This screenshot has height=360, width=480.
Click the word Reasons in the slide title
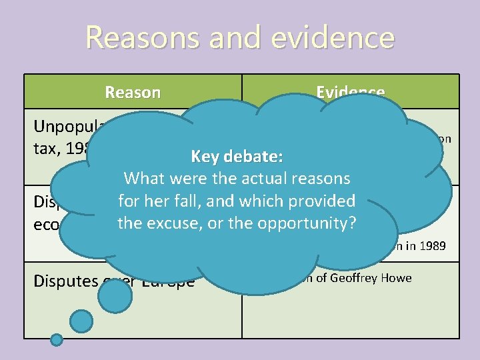(x=143, y=38)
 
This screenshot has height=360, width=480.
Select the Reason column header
(x=133, y=92)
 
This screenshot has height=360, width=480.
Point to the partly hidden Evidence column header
(x=350, y=92)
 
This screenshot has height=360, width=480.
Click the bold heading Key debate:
(x=237, y=157)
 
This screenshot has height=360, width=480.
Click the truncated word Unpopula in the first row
(x=67, y=127)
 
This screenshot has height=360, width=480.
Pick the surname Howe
(x=398, y=278)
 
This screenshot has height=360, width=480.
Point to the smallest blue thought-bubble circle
(x=57, y=340)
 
